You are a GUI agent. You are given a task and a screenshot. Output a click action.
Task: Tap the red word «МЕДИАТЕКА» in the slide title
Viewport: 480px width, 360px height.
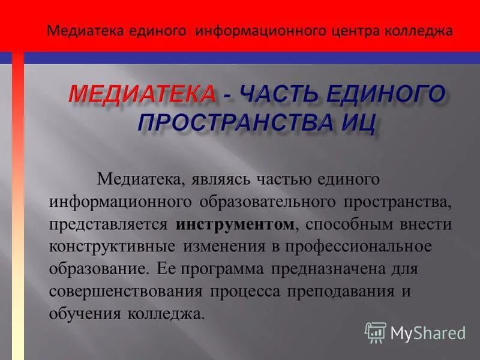click(142, 95)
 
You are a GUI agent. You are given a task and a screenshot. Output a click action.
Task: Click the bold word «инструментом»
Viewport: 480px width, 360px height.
click(236, 224)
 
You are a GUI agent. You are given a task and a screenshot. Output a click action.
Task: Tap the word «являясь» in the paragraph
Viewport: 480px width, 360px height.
click(225, 179)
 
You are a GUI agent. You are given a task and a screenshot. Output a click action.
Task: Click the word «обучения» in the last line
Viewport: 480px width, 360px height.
click(85, 314)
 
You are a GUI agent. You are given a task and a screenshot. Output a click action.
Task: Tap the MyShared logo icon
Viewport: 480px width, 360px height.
click(376, 332)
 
